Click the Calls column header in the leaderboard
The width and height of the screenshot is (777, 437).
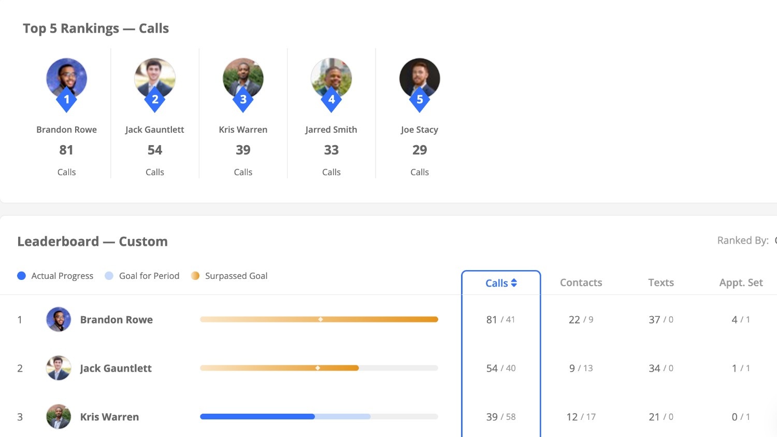[501, 283]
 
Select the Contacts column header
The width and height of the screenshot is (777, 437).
[581, 283]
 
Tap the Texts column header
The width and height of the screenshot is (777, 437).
[660, 283]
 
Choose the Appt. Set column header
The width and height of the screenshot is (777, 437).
[741, 283]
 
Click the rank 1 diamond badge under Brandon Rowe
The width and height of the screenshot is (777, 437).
[66, 100]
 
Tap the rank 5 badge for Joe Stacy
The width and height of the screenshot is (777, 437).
[420, 100]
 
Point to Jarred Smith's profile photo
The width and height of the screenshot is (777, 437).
[332, 77]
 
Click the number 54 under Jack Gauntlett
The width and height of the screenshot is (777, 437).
[155, 150]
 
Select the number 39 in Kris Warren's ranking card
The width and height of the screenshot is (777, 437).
[243, 150]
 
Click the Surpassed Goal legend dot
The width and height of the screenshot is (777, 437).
[195, 276]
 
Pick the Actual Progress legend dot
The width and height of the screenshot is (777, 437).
[21, 276]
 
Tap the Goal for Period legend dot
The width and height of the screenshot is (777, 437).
[109, 276]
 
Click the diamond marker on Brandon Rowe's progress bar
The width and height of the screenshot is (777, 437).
[321, 319]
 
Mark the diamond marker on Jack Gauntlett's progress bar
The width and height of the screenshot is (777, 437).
[318, 368]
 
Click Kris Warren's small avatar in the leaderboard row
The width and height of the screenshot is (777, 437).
[59, 417]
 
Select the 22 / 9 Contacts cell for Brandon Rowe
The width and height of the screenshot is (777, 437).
[581, 320]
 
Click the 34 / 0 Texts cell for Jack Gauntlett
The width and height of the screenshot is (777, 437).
[660, 369]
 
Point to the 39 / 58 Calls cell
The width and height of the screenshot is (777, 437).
[501, 417]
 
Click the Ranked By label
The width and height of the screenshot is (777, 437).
[742, 241]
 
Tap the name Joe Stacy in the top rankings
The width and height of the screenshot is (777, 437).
[420, 130]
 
